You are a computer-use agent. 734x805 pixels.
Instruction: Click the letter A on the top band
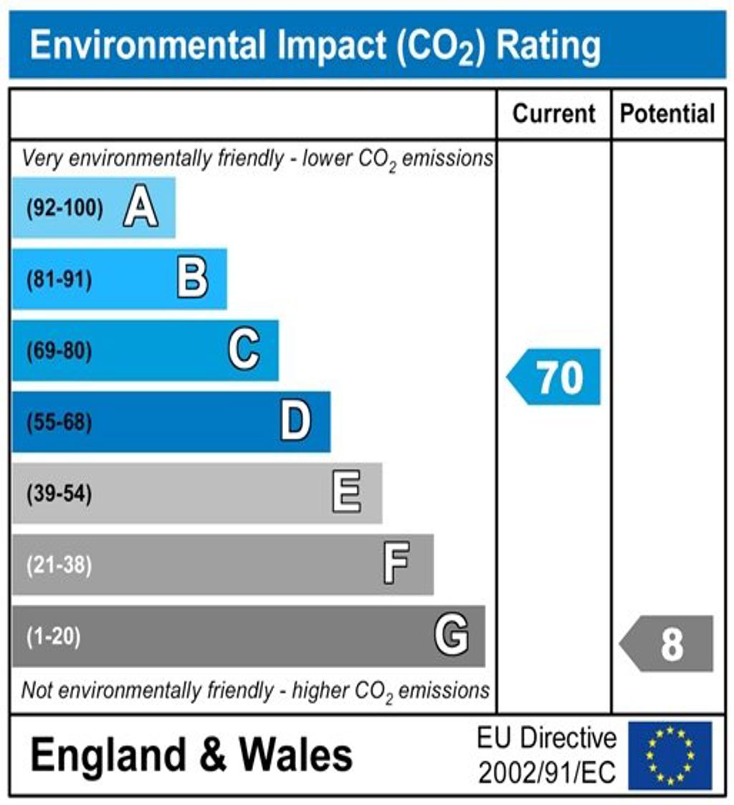140,208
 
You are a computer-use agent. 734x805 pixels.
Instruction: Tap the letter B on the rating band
192,279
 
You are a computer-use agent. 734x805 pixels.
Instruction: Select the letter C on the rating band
244,351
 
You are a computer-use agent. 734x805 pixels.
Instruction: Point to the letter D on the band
295,422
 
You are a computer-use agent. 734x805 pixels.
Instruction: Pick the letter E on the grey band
347,493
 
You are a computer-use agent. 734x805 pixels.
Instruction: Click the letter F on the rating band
396,564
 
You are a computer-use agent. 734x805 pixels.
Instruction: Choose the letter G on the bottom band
452,635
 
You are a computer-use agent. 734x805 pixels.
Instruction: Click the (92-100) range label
65,209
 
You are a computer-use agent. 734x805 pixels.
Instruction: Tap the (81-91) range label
59,280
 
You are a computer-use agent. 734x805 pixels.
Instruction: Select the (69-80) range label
59,352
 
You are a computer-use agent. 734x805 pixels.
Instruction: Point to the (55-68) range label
59,423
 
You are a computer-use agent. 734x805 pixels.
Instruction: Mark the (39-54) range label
59,494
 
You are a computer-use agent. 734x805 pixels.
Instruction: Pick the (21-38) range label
59,565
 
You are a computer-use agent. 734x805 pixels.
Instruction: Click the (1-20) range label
53,636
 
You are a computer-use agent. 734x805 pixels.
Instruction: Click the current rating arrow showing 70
555,377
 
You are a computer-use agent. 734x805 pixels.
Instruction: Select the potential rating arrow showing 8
667,643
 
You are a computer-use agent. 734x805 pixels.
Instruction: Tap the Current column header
554,114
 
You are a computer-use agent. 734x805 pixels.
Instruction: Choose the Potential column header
667,114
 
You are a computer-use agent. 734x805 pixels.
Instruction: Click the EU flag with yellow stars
669,756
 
